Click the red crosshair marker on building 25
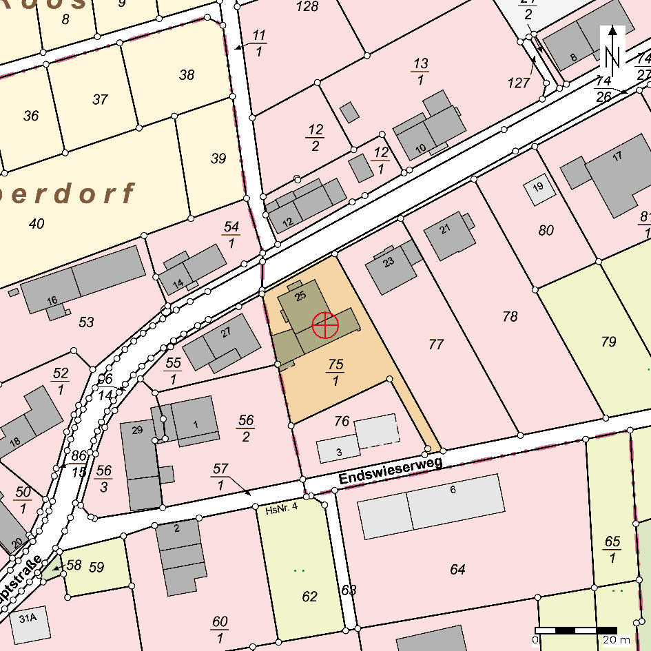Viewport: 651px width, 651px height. (325, 325)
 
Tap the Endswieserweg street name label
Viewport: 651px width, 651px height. (390, 471)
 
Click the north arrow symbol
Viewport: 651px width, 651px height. (613, 48)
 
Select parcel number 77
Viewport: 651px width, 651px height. (435, 344)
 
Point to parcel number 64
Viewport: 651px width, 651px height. (457, 569)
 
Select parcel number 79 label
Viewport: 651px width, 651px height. (608, 342)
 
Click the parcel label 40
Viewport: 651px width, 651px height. (37, 223)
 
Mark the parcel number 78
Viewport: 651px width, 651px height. (510, 317)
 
